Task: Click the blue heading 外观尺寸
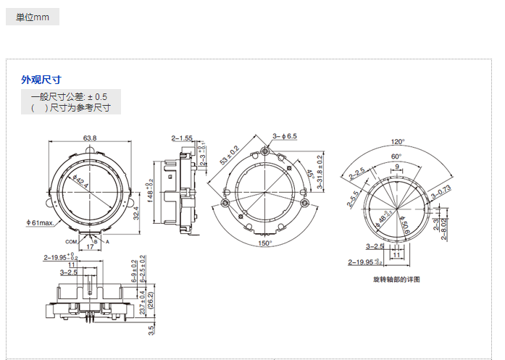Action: [41, 80]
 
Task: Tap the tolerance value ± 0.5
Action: [97, 96]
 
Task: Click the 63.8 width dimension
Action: [90, 138]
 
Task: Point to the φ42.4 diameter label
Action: [81, 182]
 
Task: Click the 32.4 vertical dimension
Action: [136, 212]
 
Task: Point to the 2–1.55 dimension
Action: [182, 138]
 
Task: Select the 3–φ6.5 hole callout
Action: [285, 136]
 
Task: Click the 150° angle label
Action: [265, 243]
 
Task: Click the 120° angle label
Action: [398, 142]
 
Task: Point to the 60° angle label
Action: [397, 156]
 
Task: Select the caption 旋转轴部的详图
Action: [396, 279]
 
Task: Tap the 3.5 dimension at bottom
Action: [151, 331]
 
